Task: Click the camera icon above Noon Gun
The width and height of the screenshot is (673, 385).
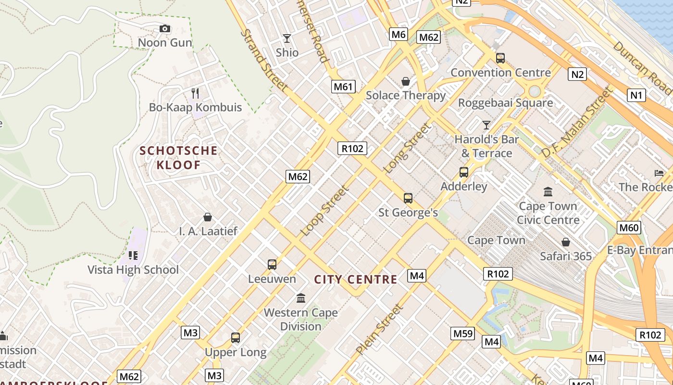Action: (165, 29)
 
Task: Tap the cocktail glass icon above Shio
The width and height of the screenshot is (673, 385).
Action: (287, 38)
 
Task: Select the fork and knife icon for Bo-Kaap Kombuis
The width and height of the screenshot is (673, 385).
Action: (195, 93)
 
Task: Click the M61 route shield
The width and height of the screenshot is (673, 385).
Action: (343, 87)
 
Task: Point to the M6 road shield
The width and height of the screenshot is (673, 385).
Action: (399, 34)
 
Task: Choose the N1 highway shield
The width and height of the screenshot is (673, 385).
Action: (636, 95)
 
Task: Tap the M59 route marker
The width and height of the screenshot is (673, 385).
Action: (463, 334)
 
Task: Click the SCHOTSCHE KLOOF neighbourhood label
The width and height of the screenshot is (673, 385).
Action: (178, 158)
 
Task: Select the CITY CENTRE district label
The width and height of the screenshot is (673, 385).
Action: (356, 280)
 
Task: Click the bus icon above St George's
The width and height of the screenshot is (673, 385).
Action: (408, 198)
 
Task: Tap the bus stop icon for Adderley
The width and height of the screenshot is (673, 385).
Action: (464, 172)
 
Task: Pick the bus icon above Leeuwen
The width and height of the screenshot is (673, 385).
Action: (272, 264)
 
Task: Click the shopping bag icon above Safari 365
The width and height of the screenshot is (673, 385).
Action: (566, 242)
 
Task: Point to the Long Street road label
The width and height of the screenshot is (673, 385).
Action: (406, 149)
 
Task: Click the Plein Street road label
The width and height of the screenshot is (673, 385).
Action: (379, 330)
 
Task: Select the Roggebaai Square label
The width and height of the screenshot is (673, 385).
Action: (505, 103)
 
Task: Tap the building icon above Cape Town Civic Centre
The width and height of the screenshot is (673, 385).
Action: (548, 192)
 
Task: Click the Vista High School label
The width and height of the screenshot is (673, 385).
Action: (133, 269)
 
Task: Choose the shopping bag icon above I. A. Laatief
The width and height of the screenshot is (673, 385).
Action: (208, 217)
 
